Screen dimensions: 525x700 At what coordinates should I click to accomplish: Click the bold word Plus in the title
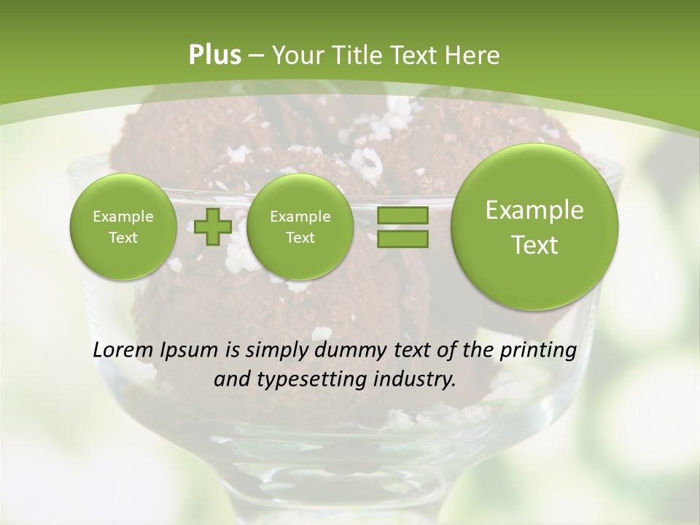click(215, 55)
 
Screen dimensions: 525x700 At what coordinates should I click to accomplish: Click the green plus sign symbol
click(213, 227)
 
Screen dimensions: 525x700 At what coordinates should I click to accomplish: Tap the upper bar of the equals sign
click(402, 216)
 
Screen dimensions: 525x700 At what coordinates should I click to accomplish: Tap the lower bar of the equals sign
click(402, 239)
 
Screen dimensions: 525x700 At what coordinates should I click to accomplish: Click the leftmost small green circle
click(123, 227)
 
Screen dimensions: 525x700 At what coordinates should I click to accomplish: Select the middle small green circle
click(300, 227)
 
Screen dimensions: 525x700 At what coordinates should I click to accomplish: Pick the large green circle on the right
click(534, 227)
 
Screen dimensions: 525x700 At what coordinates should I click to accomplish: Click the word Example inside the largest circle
click(534, 210)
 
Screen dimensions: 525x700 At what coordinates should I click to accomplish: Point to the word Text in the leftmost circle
click(123, 238)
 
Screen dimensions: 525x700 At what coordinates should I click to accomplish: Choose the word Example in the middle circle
click(300, 217)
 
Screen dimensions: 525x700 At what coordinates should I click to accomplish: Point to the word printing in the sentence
click(537, 350)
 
